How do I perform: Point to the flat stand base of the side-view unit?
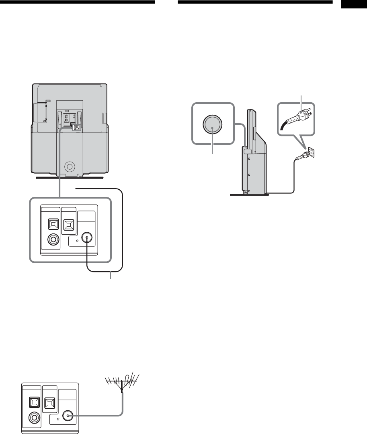click(x=249, y=195)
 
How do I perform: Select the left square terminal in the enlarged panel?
click(x=53, y=223)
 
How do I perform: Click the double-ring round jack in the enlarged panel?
click(x=53, y=240)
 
